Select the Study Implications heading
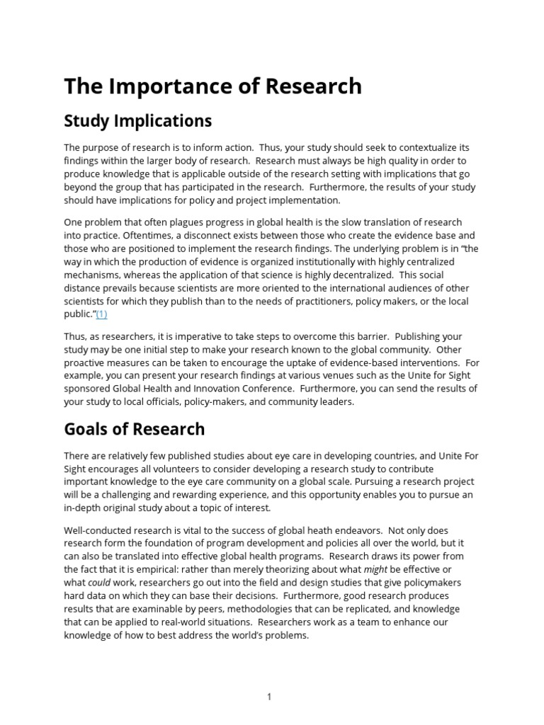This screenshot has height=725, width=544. pyautogui.click(x=138, y=121)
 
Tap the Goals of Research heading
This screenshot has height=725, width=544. pyautogui.click(x=135, y=429)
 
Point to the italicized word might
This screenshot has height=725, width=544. pyautogui.click(x=375, y=569)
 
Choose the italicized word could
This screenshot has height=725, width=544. pyautogui.click(x=99, y=583)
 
